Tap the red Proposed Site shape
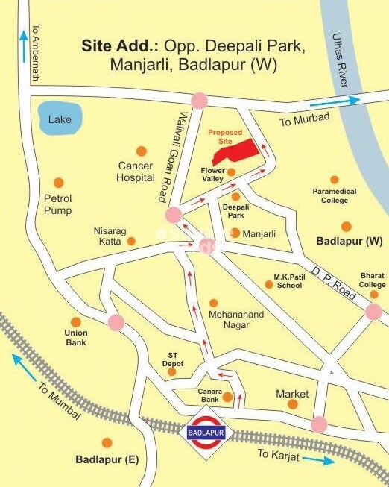(x=237, y=152)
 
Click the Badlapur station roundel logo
(x=206, y=432)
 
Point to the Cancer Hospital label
(x=136, y=172)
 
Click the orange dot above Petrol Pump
(x=58, y=183)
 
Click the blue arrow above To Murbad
(x=335, y=101)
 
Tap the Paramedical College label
(x=335, y=195)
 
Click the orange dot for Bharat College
(x=373, y=265)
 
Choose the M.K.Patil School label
(x=288, y=280)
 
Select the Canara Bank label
(x=209, y=395)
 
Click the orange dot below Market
(x=293, y=404)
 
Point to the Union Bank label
(x=76, y=337)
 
